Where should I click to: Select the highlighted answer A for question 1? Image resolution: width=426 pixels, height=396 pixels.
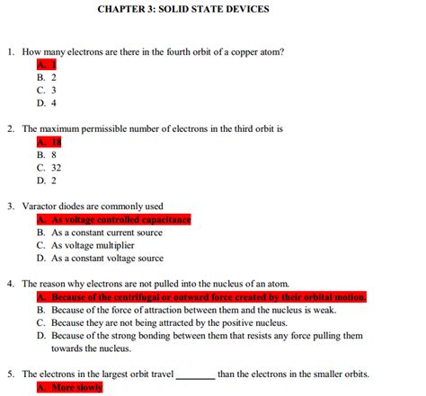pos(47,65)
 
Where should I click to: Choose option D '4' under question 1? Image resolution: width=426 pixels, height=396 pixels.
pos(47,103)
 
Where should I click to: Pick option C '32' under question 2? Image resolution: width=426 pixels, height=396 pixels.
pos(49,167)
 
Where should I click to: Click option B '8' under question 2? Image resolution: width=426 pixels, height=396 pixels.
pos(47,154)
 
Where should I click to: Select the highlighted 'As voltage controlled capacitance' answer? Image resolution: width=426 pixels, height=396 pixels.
pos(113,219)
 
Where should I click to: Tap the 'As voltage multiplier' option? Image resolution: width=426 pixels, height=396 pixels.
pos(88,245)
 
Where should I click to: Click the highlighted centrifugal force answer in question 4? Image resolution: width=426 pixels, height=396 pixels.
pos(201,297)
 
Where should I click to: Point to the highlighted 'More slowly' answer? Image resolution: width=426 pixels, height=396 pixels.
pos(70,388)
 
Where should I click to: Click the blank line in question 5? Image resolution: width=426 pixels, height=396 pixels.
pos(195,374)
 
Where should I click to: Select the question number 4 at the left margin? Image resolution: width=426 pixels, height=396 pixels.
pos(10,284)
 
